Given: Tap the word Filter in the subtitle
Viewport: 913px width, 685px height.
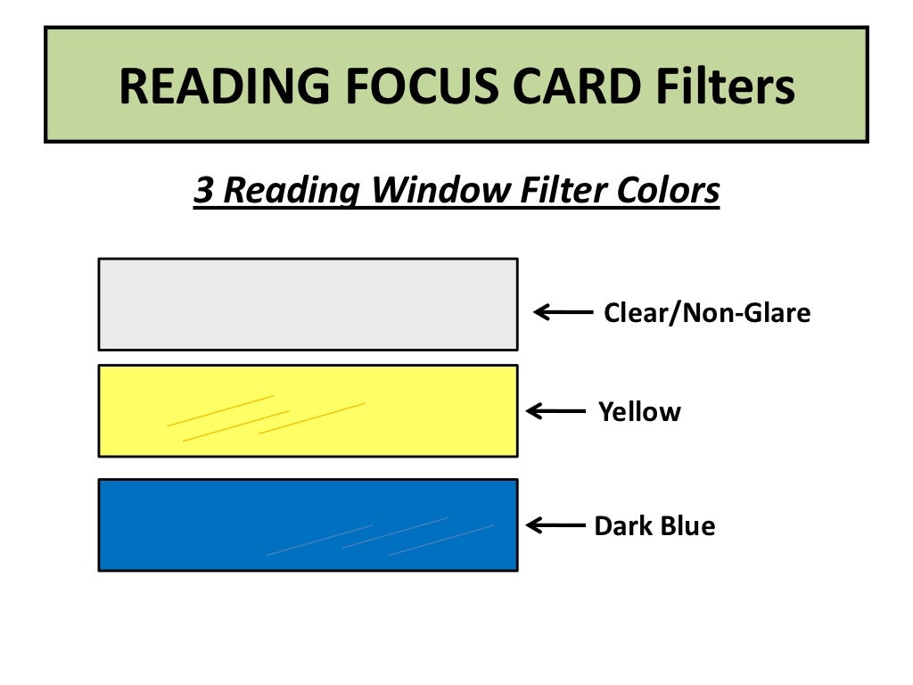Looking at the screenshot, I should point(547,190).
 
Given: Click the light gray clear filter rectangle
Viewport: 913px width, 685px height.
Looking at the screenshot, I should point(308,304).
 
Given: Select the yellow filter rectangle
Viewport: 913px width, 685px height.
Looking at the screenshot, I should point(308,410).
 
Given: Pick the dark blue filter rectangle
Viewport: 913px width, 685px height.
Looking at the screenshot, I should point(308,524).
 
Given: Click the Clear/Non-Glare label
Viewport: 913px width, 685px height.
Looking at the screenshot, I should point(707,313).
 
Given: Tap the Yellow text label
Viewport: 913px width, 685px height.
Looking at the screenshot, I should point(639,412).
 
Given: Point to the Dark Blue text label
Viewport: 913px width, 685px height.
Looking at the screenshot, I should point(654,526).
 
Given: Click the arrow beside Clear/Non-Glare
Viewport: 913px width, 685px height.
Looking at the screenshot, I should point(563,312).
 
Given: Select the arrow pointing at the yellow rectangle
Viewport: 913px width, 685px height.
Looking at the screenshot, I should point(556,411).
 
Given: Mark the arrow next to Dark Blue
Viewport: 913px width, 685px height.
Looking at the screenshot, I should point(556,525).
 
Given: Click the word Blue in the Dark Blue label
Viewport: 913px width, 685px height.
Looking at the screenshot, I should point(687,526).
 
